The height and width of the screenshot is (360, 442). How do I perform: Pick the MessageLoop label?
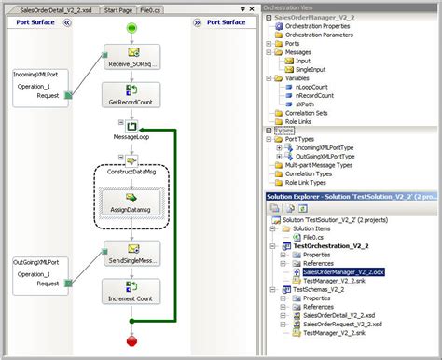132,136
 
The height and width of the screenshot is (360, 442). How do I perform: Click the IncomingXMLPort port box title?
37,74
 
